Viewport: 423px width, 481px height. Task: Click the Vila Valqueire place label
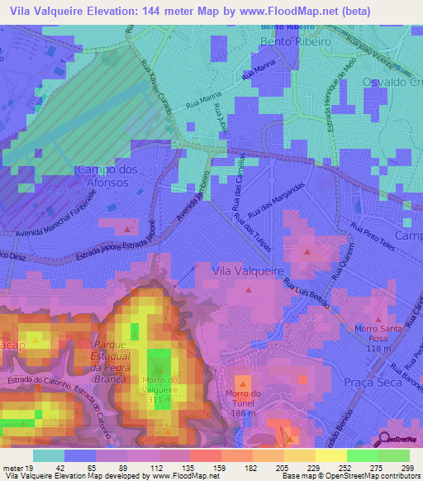pos(248,271)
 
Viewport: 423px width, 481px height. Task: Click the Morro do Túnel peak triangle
pos(242,383)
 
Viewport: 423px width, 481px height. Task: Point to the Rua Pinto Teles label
pos(370,234)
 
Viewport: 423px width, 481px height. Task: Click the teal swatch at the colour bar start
pos(48,455)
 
